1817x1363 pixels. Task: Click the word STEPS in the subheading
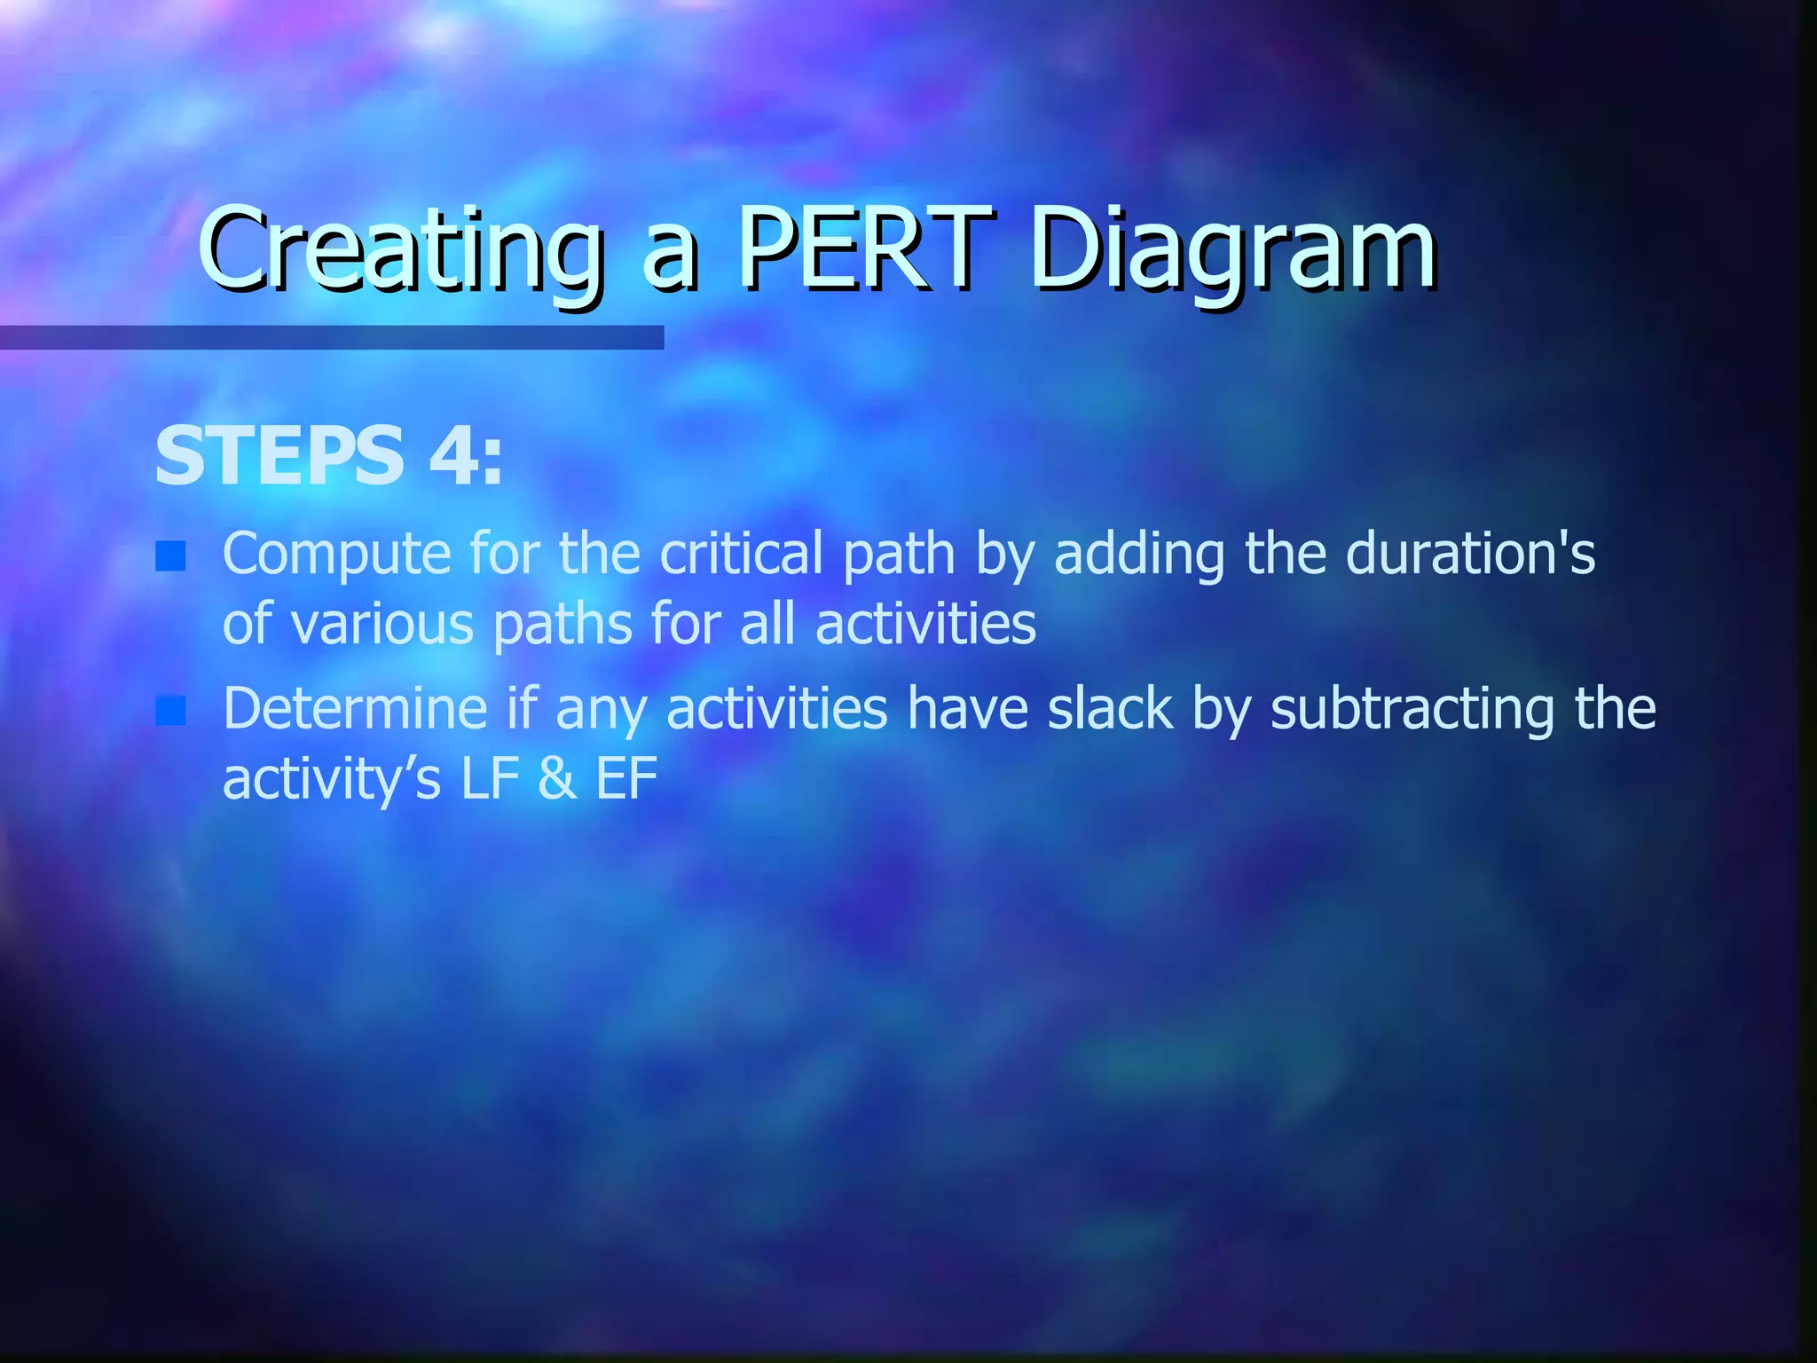pyautogui.click(x=279, y=456)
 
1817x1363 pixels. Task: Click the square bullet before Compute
pyautogui.click(x=170, y=556)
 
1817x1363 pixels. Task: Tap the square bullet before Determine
pyautogui.click(x=170, y=711)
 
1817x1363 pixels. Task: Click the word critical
pyautogui.click(x=741, y=555)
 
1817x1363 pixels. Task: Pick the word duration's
pyautogui.click(x=1470, y=555)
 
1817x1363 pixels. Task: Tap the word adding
pyautogui.click(x=1139, y=555)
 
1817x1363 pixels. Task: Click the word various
pyautogui.click(x=383, y=624)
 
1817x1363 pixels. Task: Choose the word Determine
pyautogui.click(x=355, y=709)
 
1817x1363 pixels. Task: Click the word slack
pyautogui.click(x=1110, y=709)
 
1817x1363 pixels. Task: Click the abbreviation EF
pyautogui.click(x=626, y=779)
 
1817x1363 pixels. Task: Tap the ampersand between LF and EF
pyautogui.click(x=557, y=779)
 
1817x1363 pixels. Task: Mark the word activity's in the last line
pyautogui.click(x=331, y=779)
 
